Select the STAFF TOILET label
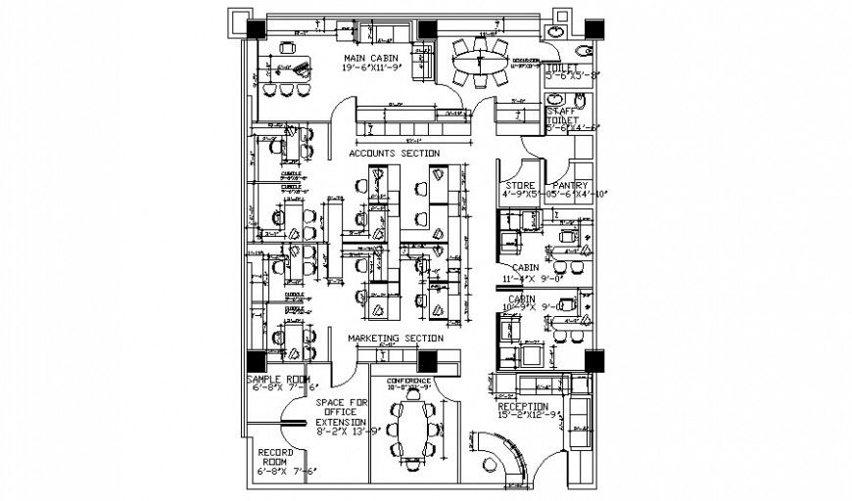pyautogui.click(x=563, y=115)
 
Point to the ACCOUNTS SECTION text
pyautogui.click(x=394, y=154)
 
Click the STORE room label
pyautogui.click(x=519, y=185)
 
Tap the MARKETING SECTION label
pyautogui.click(x=396, y=339)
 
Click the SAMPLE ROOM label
pyautogui.click(x=277, y=379)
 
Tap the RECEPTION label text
pyautogui.click(x=523, y=406)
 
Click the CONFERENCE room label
pyautogui.click(x=409, y=380)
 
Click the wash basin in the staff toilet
pyautogui.click(x=555, y=100)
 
